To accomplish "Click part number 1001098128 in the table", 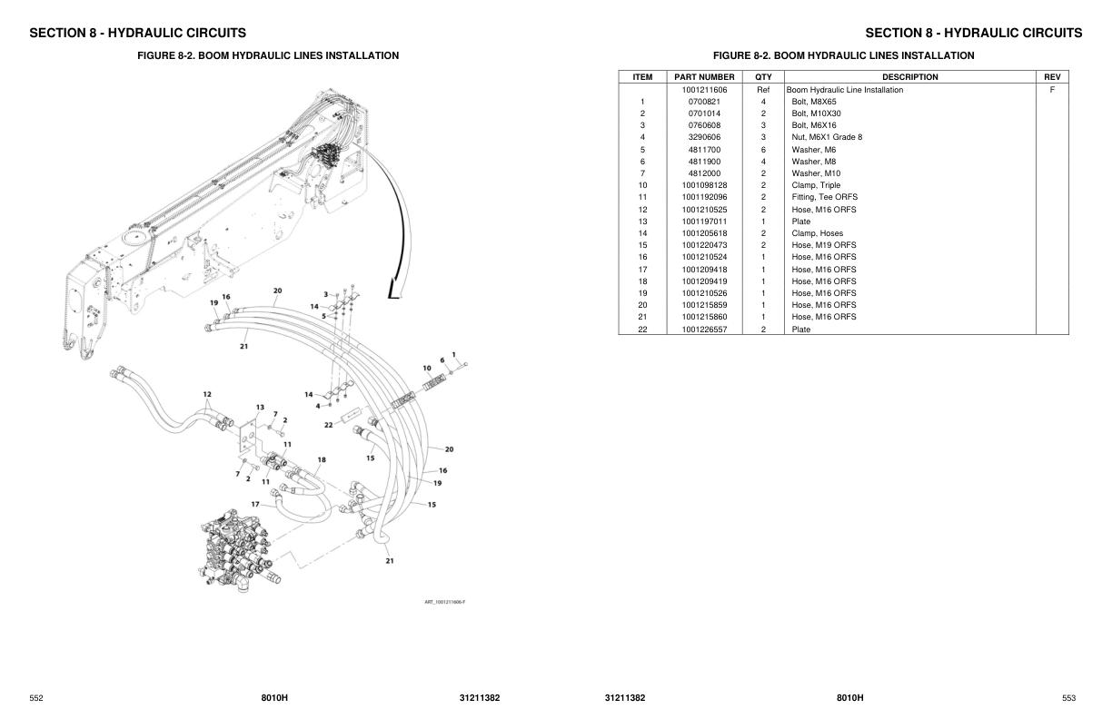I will tap(704, 185).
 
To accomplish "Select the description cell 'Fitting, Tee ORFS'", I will tap(824, 197).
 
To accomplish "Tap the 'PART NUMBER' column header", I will tap(704, 77).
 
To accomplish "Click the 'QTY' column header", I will tap(763, 77).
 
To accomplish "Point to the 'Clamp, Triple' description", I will tap(816, 185).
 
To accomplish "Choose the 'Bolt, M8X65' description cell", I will tap(814, 102).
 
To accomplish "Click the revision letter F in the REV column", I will tap(1052, 90).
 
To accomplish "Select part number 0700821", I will tap(704, 102).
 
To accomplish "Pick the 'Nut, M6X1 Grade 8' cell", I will tap(827, 137).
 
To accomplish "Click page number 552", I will tap(36, 698).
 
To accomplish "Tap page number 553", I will tap(1068, 698).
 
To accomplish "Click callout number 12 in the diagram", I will tap(207, 394).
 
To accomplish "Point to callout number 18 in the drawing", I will tap(322, 460).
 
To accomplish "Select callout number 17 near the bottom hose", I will tap(255, 504).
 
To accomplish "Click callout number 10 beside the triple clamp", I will tap(427, 369).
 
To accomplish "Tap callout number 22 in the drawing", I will tap(329, 425).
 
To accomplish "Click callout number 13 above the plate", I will tap(260, 408).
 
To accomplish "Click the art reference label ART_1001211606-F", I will tap(444, 601).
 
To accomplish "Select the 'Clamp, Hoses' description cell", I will tap(817, 233).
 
